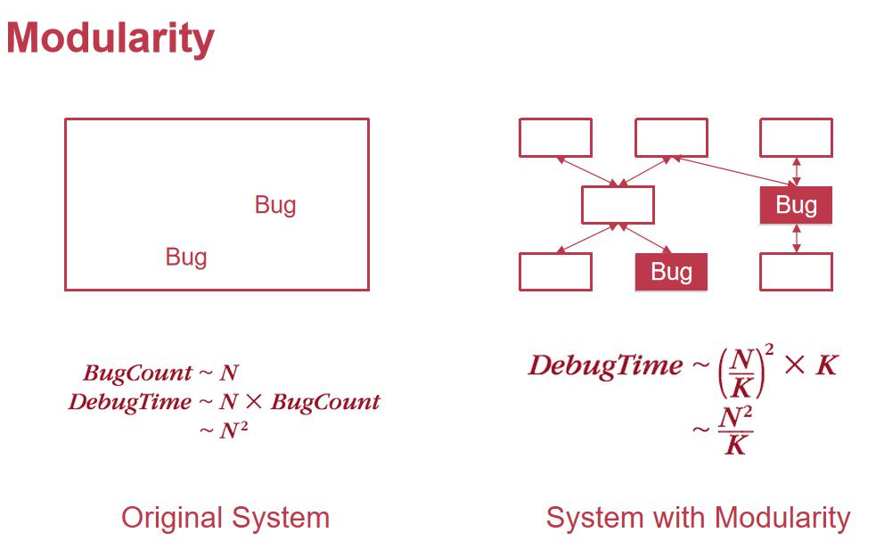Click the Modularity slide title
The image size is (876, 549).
(x=111, y=38)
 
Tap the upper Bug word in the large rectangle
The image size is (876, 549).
(x=274, y=205)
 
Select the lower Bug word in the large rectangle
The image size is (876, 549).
(x=185, y=258)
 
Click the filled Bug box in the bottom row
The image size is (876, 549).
(x=670, y=272)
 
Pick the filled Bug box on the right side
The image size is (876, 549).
(x=795, y=205)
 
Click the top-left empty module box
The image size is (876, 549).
(x=555, y=138)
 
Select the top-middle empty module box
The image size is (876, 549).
(x=671, y=138)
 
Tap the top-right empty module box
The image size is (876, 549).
(x=796, y=138)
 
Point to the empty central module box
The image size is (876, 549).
(x=618, y=205)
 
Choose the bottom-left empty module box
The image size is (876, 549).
(x=555, y=272)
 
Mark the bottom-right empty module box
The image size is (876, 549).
(x=796, y=272)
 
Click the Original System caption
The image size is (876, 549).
(x=225, y=518)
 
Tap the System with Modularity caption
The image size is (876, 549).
(x=698, y=518)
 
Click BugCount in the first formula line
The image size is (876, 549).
(x=137, y=373)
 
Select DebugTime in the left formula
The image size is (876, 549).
(x=129, y=402)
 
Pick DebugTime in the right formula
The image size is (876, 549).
(x=604, y=365)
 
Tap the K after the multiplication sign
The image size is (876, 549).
(x=826, y=365)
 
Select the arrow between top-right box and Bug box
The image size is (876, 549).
(x=796, y=172)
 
